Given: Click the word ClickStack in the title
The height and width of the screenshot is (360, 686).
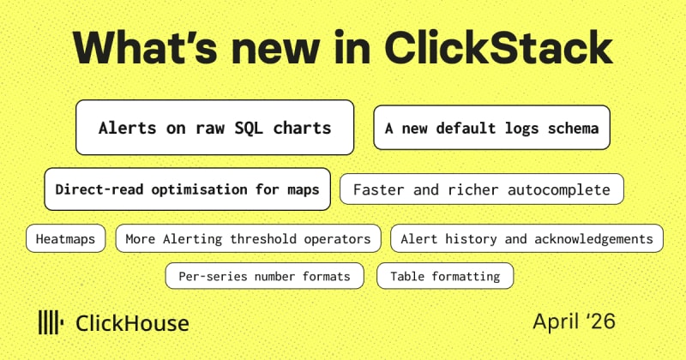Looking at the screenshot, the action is (x=498, y=48).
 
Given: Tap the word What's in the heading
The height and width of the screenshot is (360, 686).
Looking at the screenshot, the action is (x=145, y=48).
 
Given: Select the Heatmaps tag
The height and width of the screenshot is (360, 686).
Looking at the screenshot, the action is (x=66, y=238).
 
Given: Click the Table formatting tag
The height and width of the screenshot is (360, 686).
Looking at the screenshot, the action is (x=445, y=276).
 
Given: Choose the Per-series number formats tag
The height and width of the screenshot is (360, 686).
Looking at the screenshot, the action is (x=265, y=276).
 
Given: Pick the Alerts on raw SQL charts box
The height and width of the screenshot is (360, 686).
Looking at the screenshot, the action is (x=215, y=128).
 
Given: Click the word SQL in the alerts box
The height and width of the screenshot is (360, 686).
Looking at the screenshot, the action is (x=249, y=128).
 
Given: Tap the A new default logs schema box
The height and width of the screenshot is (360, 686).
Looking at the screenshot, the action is (x=491, y=128).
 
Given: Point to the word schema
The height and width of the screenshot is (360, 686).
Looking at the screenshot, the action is (x=573, y=129).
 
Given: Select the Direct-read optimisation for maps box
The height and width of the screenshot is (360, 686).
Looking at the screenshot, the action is (x=187, y=189).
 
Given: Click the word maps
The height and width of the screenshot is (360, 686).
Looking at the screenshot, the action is (x=304, y=189).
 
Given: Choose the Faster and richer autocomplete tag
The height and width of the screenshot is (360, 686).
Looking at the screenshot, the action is (x=482, y=189).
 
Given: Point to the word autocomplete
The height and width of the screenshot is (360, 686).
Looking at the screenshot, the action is (x=559, y=189).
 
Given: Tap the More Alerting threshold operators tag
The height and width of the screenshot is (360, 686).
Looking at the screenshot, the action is (x=248, y=238).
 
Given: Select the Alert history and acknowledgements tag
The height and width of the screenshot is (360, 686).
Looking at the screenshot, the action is (x=527, y=238).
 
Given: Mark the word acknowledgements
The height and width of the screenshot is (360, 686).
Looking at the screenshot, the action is (x=593, y=239).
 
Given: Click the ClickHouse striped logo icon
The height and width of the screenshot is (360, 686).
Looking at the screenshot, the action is (x=51, y=322).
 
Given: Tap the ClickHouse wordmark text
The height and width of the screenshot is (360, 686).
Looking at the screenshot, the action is (x=132, y=324).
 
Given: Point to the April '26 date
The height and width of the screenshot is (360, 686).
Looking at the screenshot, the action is (x=574, y=321).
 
